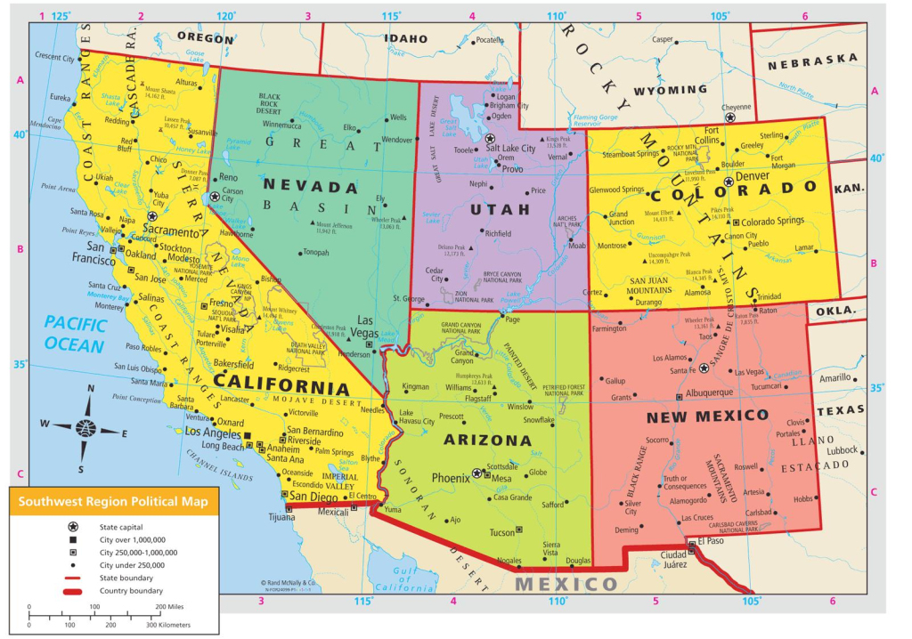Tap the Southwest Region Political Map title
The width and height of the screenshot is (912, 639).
112,502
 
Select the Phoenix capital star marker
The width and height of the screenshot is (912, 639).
477,473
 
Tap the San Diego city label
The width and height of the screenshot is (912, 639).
311,497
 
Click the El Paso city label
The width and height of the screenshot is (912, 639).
711,540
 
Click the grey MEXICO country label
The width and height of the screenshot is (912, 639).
566,584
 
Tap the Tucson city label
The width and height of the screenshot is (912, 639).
502,532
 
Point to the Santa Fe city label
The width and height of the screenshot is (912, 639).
682,370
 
